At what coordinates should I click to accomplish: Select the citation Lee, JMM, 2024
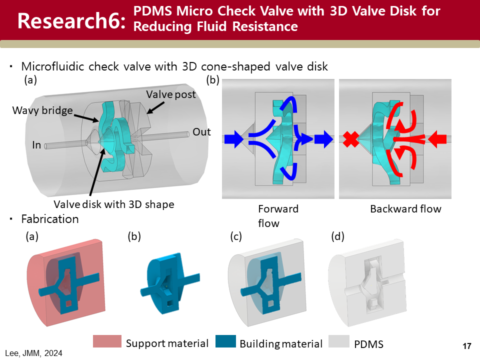34,353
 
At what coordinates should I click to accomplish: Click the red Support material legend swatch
107,341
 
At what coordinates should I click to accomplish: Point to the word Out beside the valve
202,132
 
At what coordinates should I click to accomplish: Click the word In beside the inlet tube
36,145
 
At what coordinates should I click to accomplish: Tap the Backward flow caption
405,209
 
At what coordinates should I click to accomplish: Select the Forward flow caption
278,215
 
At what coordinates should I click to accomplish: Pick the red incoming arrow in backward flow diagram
438,139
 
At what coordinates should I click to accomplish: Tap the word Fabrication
50,219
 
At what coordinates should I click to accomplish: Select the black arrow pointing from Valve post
156,106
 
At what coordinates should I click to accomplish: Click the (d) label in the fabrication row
338,237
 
